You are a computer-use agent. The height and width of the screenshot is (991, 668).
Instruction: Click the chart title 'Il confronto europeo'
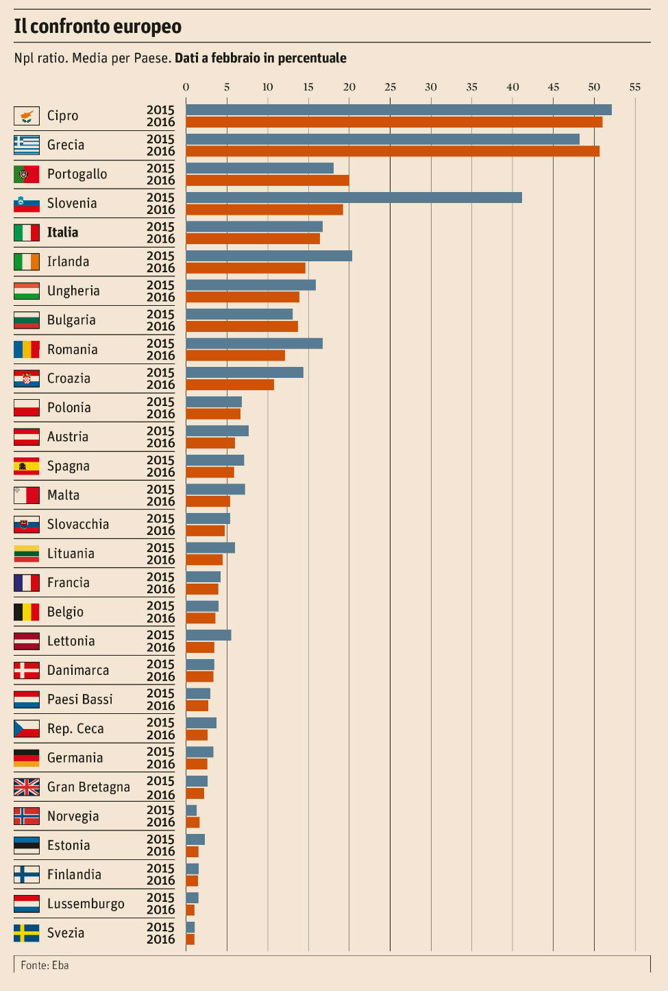[97, 27]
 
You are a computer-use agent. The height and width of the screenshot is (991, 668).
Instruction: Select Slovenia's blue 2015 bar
[354, 198]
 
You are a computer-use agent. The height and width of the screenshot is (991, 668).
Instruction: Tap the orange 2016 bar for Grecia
[392, 152]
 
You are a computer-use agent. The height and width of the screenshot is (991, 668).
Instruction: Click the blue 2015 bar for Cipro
[398, 110]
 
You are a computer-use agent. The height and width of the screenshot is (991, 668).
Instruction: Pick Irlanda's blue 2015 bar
[269, 256]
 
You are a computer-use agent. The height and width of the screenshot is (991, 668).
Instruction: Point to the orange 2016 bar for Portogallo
[267, 180]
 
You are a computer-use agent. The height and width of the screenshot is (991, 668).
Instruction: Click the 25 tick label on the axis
[390, 87]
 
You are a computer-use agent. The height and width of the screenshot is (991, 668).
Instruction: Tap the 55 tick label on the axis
[635, 87]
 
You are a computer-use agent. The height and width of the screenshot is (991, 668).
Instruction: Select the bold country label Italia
[62, 232]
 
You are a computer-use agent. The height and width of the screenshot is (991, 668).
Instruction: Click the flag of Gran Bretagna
[27, 787]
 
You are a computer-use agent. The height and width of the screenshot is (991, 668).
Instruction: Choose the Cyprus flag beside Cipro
[27, 116]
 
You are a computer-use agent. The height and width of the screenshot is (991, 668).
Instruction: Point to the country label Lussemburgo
[86, 904]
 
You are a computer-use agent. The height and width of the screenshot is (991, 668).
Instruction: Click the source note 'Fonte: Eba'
[45, 965]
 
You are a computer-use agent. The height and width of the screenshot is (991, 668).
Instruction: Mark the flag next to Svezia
[27, 933]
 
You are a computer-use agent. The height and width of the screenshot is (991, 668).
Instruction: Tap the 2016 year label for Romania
[160, 355]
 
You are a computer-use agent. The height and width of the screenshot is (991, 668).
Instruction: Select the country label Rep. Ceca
[75, 729]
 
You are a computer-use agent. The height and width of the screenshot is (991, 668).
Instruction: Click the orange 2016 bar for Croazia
[230, 385]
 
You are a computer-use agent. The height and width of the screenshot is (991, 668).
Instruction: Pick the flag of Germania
[27, 758]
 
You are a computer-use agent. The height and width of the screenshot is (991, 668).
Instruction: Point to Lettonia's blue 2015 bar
[208, 635]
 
